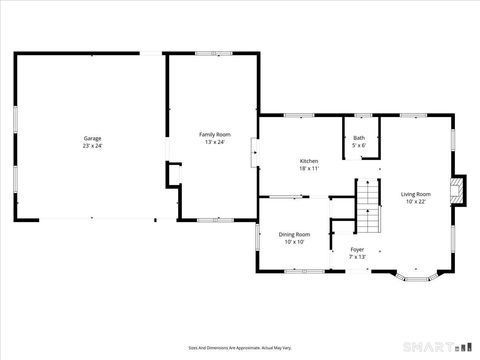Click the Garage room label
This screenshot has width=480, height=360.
pos(92,138)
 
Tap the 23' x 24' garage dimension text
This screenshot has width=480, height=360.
pos(92,146)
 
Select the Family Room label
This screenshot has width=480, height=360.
pos(214,134)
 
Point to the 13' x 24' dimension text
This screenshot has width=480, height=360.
pos(214,142)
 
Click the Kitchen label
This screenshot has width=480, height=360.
pos(309,161)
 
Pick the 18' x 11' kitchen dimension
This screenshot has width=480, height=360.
pos(309,169)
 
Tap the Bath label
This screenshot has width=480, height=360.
pos(358,138)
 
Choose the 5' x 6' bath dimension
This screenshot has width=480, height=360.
pos(358,146)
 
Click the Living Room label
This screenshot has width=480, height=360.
pos(416,194)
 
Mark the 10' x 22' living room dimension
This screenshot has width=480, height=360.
pos(416,202)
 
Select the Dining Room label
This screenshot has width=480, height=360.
pos(294,234)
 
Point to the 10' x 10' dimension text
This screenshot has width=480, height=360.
pos(294,242)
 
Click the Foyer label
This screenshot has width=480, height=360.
pos(357,249)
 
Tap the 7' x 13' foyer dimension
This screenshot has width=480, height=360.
pos(357,257)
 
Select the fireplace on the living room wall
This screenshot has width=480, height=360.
pos(458,190)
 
